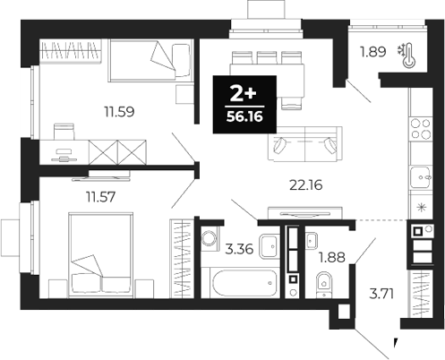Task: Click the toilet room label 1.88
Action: (332, 261)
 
